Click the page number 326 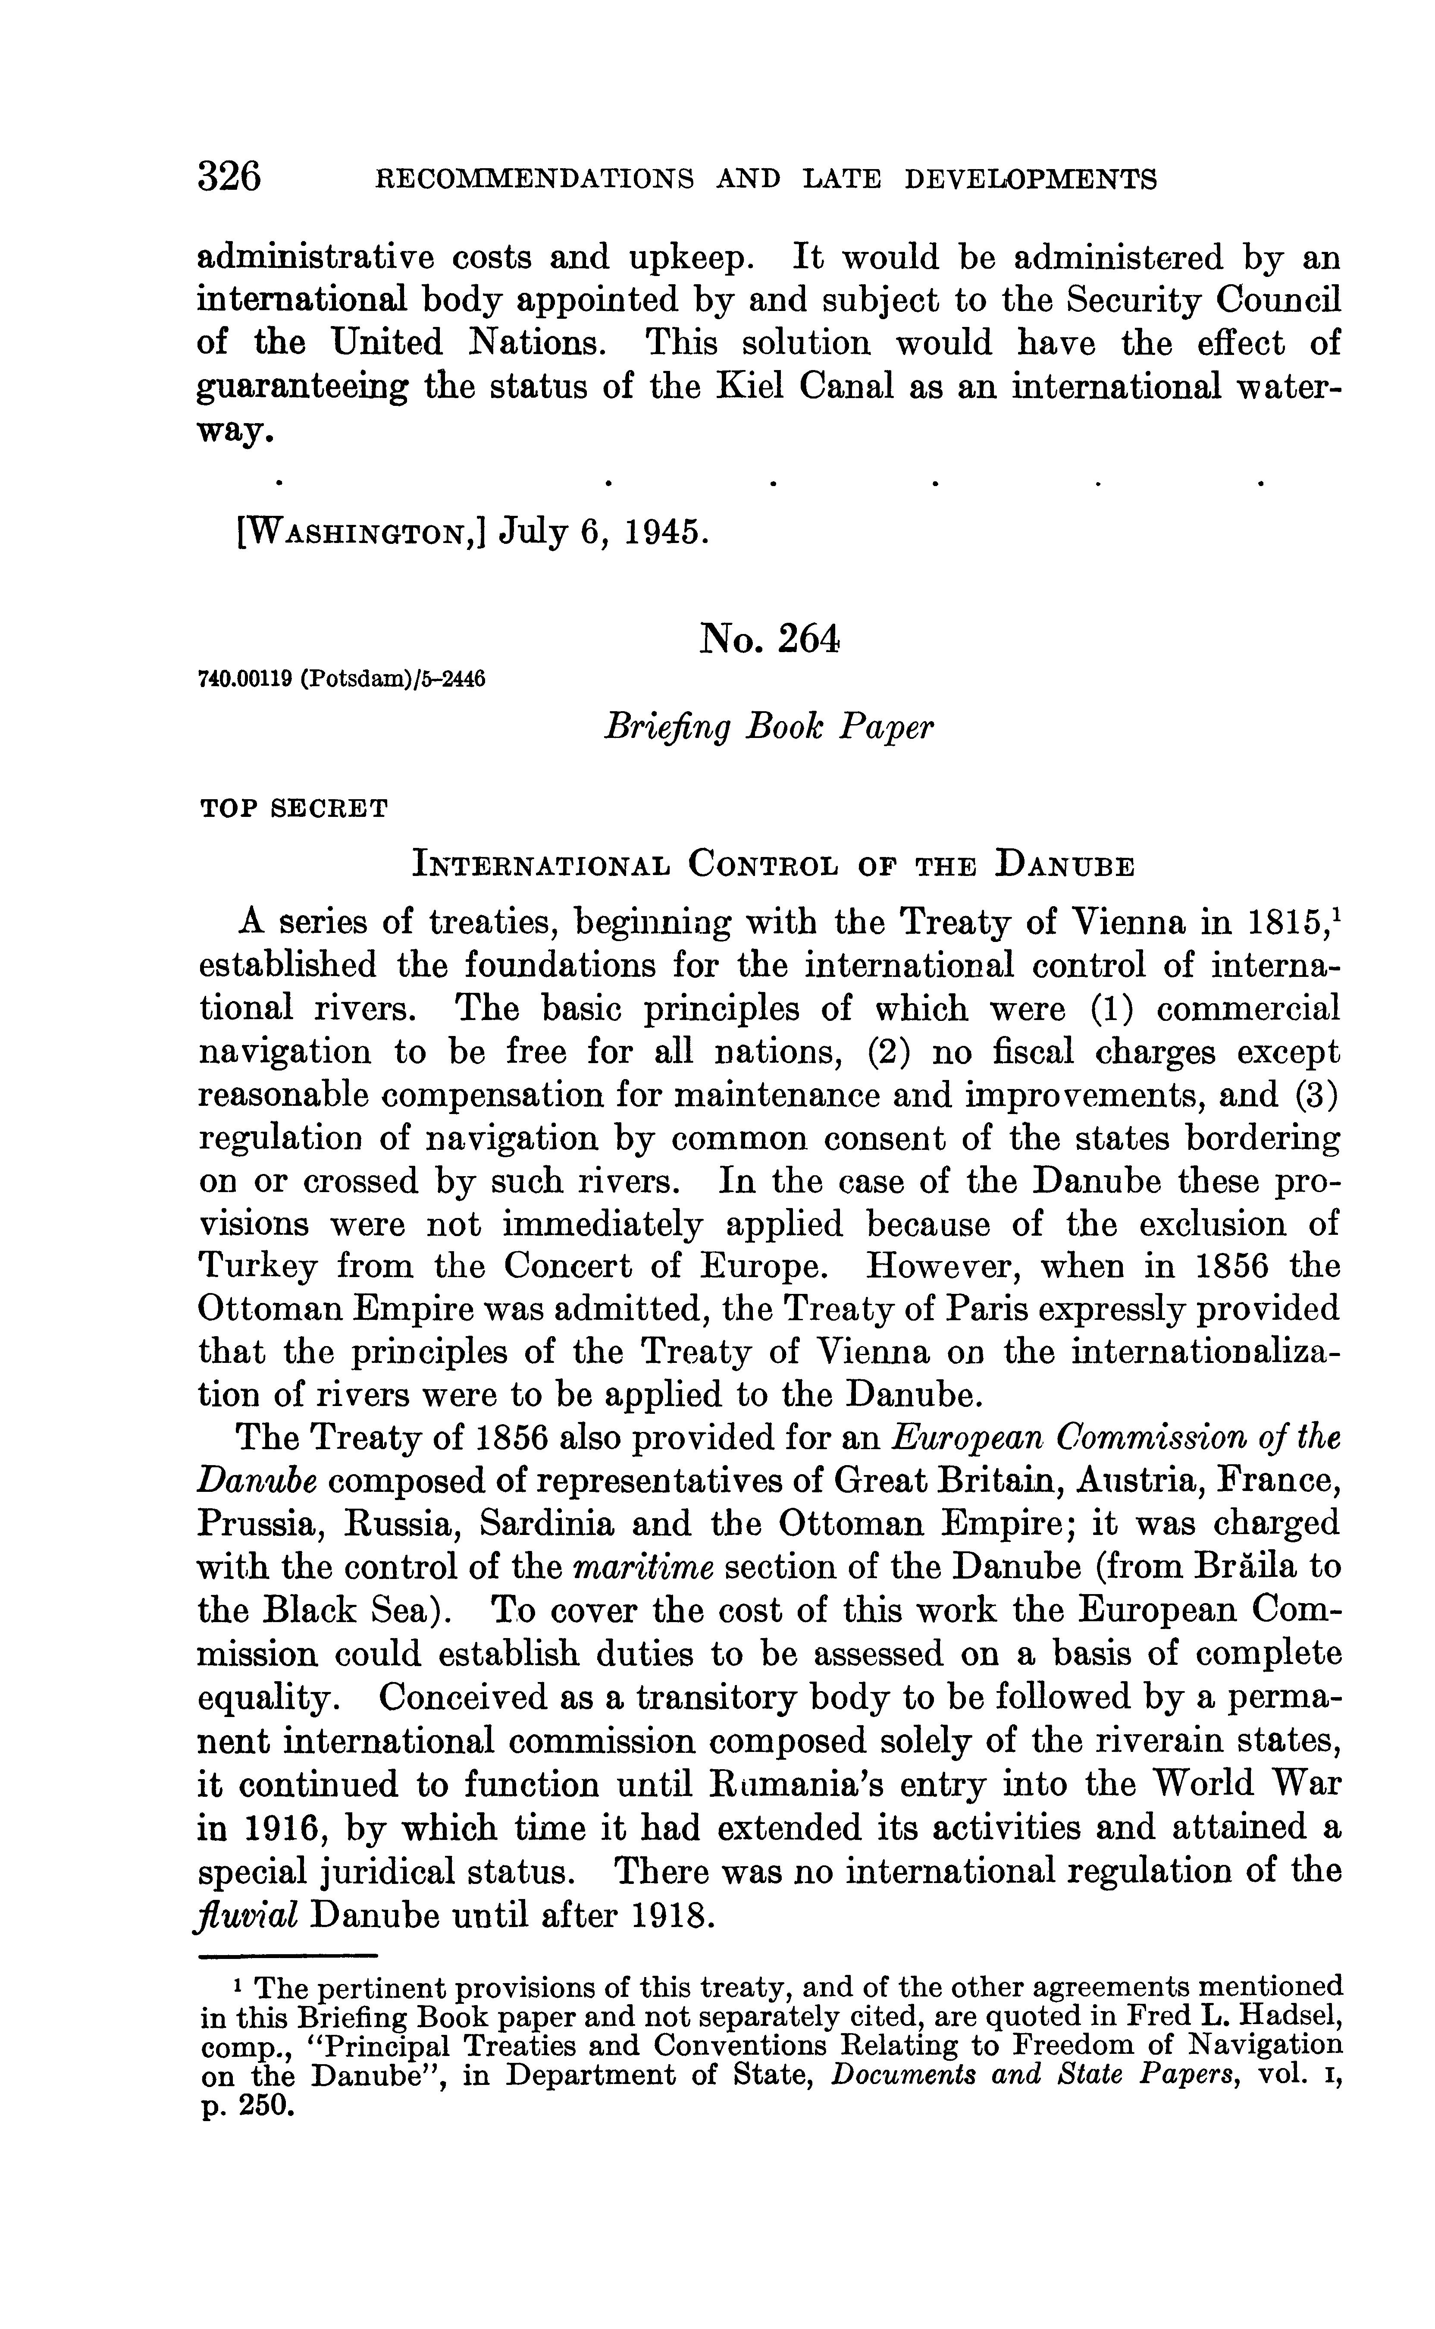pos(229,177)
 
